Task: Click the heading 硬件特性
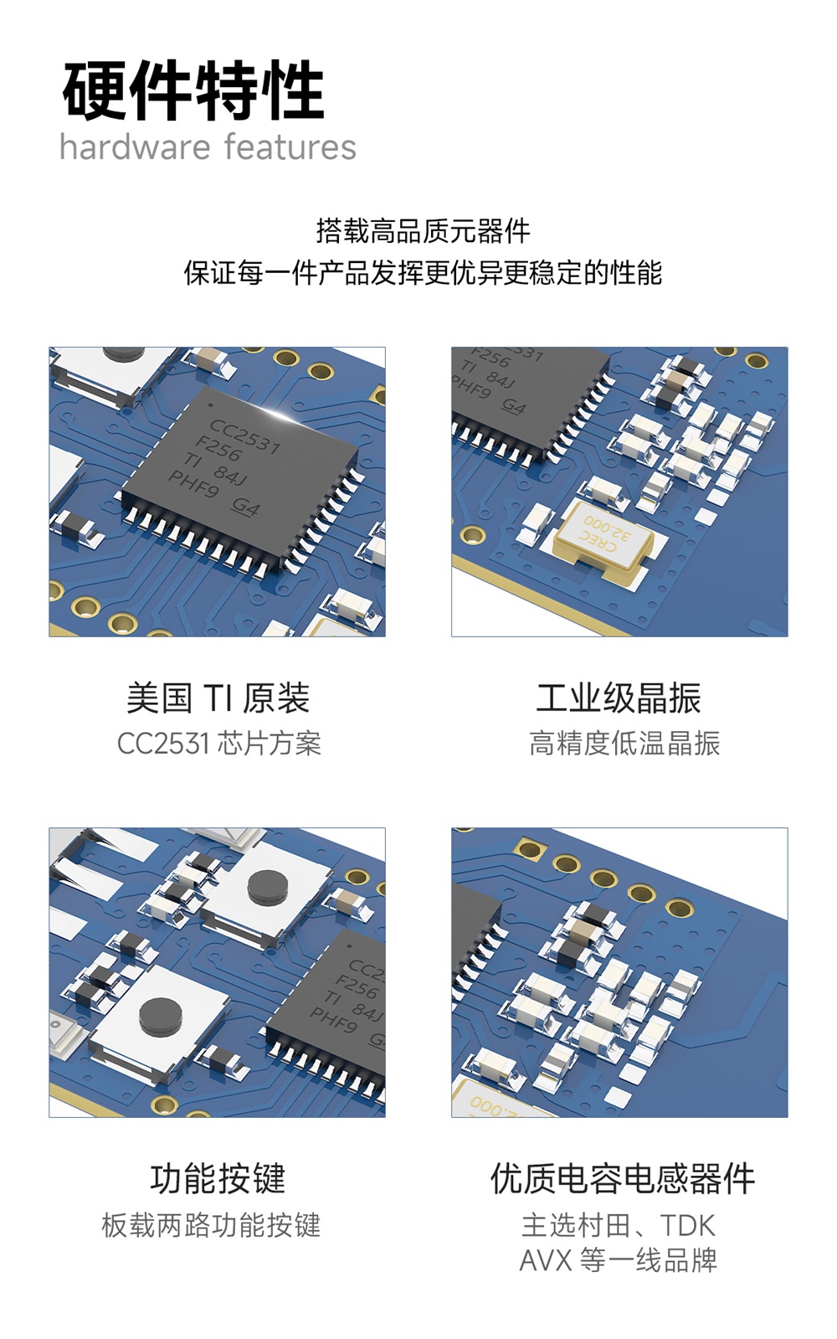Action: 193,90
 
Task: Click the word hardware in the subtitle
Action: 135,147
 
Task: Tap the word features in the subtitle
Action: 290,147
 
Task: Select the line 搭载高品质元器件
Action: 423,231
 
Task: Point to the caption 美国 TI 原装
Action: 218,698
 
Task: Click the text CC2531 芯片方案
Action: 218,744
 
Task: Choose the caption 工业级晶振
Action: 619,698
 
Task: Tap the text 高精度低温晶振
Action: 624,744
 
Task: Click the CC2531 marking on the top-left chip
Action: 244,436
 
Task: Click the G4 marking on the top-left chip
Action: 246,507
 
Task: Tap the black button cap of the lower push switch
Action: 161,1016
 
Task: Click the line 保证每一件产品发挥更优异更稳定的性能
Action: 423,273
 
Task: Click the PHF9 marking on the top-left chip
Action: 193,484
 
